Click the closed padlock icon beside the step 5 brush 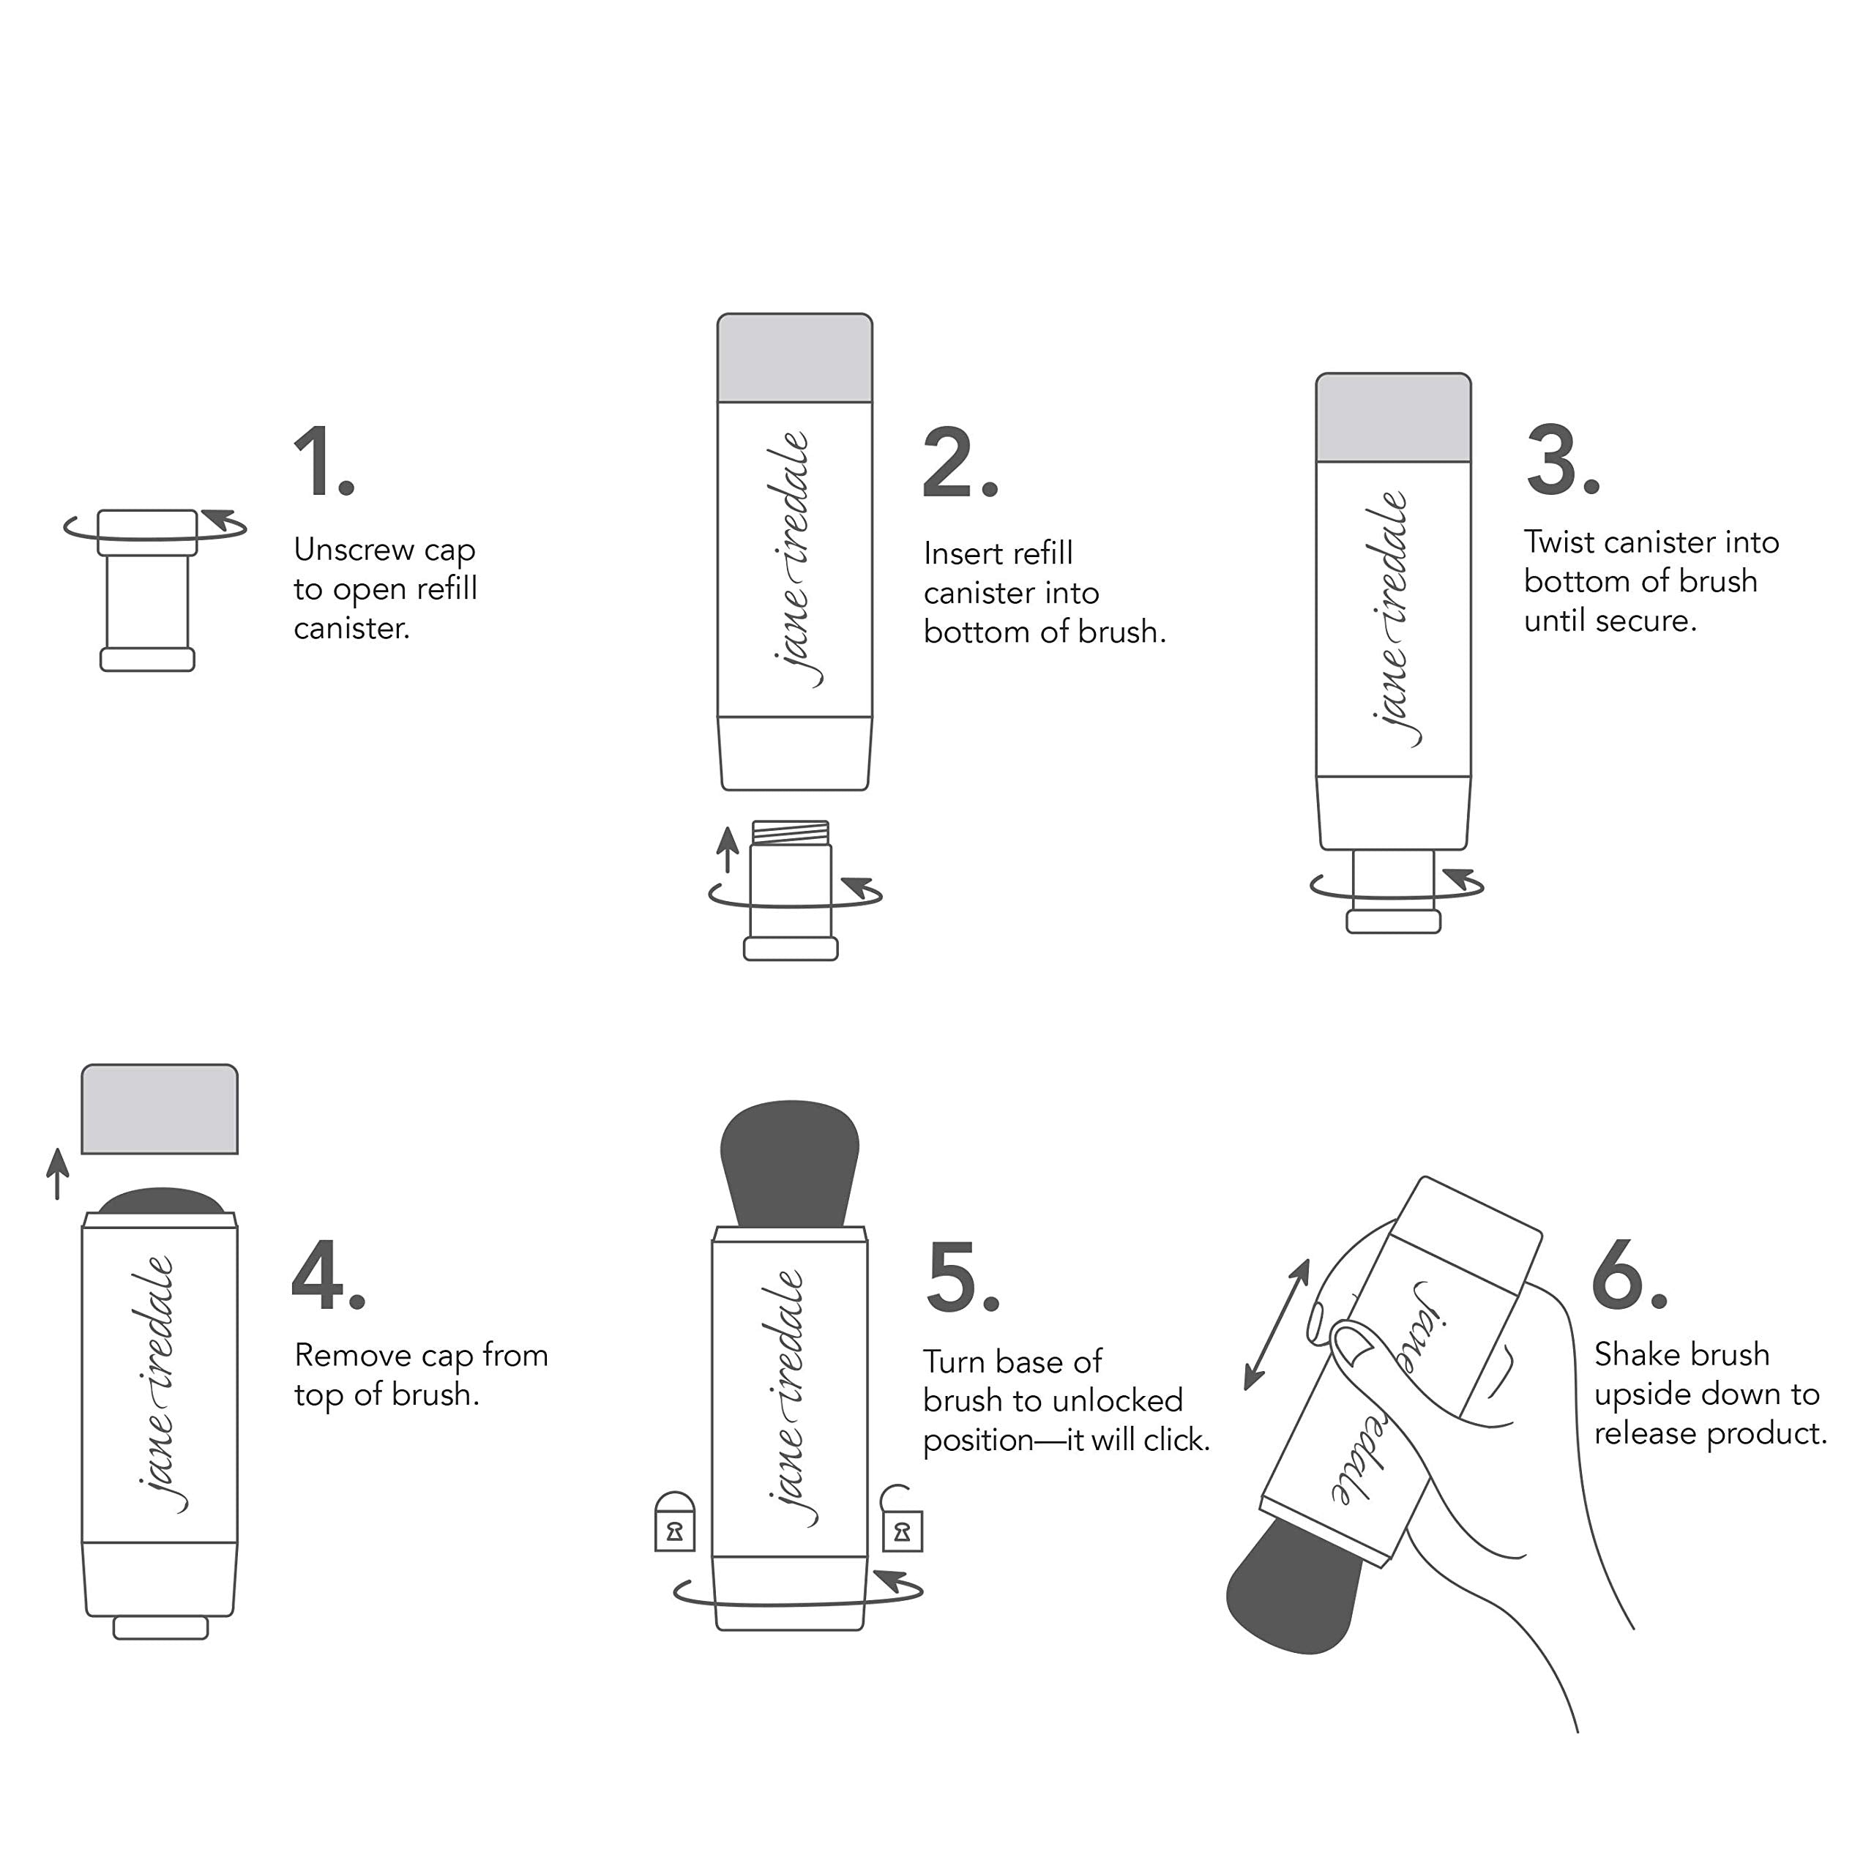[675, 1522]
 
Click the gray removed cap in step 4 [160, 1109]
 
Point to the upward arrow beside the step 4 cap [59, 1173]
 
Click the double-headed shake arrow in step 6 [1277, 1325]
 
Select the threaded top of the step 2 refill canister [791, 832]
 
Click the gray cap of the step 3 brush [1393, 417]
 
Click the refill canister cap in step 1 [147, 531]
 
